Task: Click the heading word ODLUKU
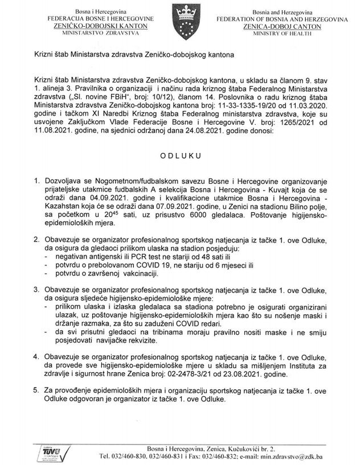pos(180,154)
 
